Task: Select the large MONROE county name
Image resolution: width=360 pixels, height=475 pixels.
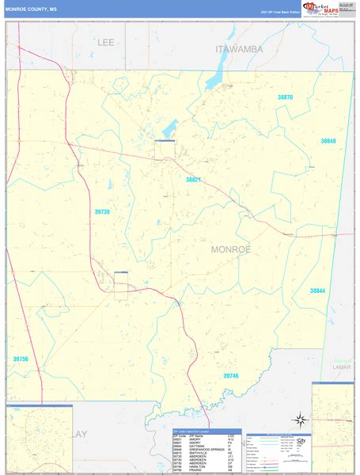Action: click(231, 249)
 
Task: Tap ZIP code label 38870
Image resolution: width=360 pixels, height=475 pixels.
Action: click(285, 97)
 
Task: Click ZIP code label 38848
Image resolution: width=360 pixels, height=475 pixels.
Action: click(328, 141)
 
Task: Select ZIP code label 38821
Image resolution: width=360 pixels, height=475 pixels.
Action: click(194, 180)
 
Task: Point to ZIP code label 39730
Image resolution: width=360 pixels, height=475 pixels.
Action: click(102, 211)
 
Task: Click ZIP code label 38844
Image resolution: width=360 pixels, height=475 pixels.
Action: click(317, 291)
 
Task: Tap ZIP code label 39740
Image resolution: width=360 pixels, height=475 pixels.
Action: click(230, 375)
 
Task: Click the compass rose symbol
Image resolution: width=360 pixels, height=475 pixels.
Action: click(300, 420)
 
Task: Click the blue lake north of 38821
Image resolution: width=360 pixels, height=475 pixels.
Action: click(169, 126)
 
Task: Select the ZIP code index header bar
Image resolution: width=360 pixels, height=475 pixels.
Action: click(207, 431)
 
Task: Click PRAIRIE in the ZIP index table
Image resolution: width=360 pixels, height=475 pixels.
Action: click(193, 470)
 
